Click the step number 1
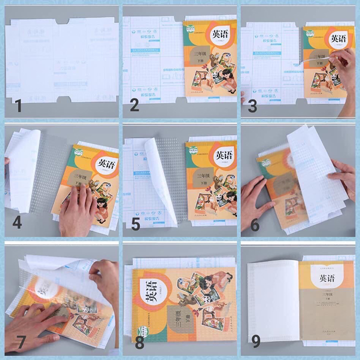click(18, 106)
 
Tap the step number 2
click(134, 105)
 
